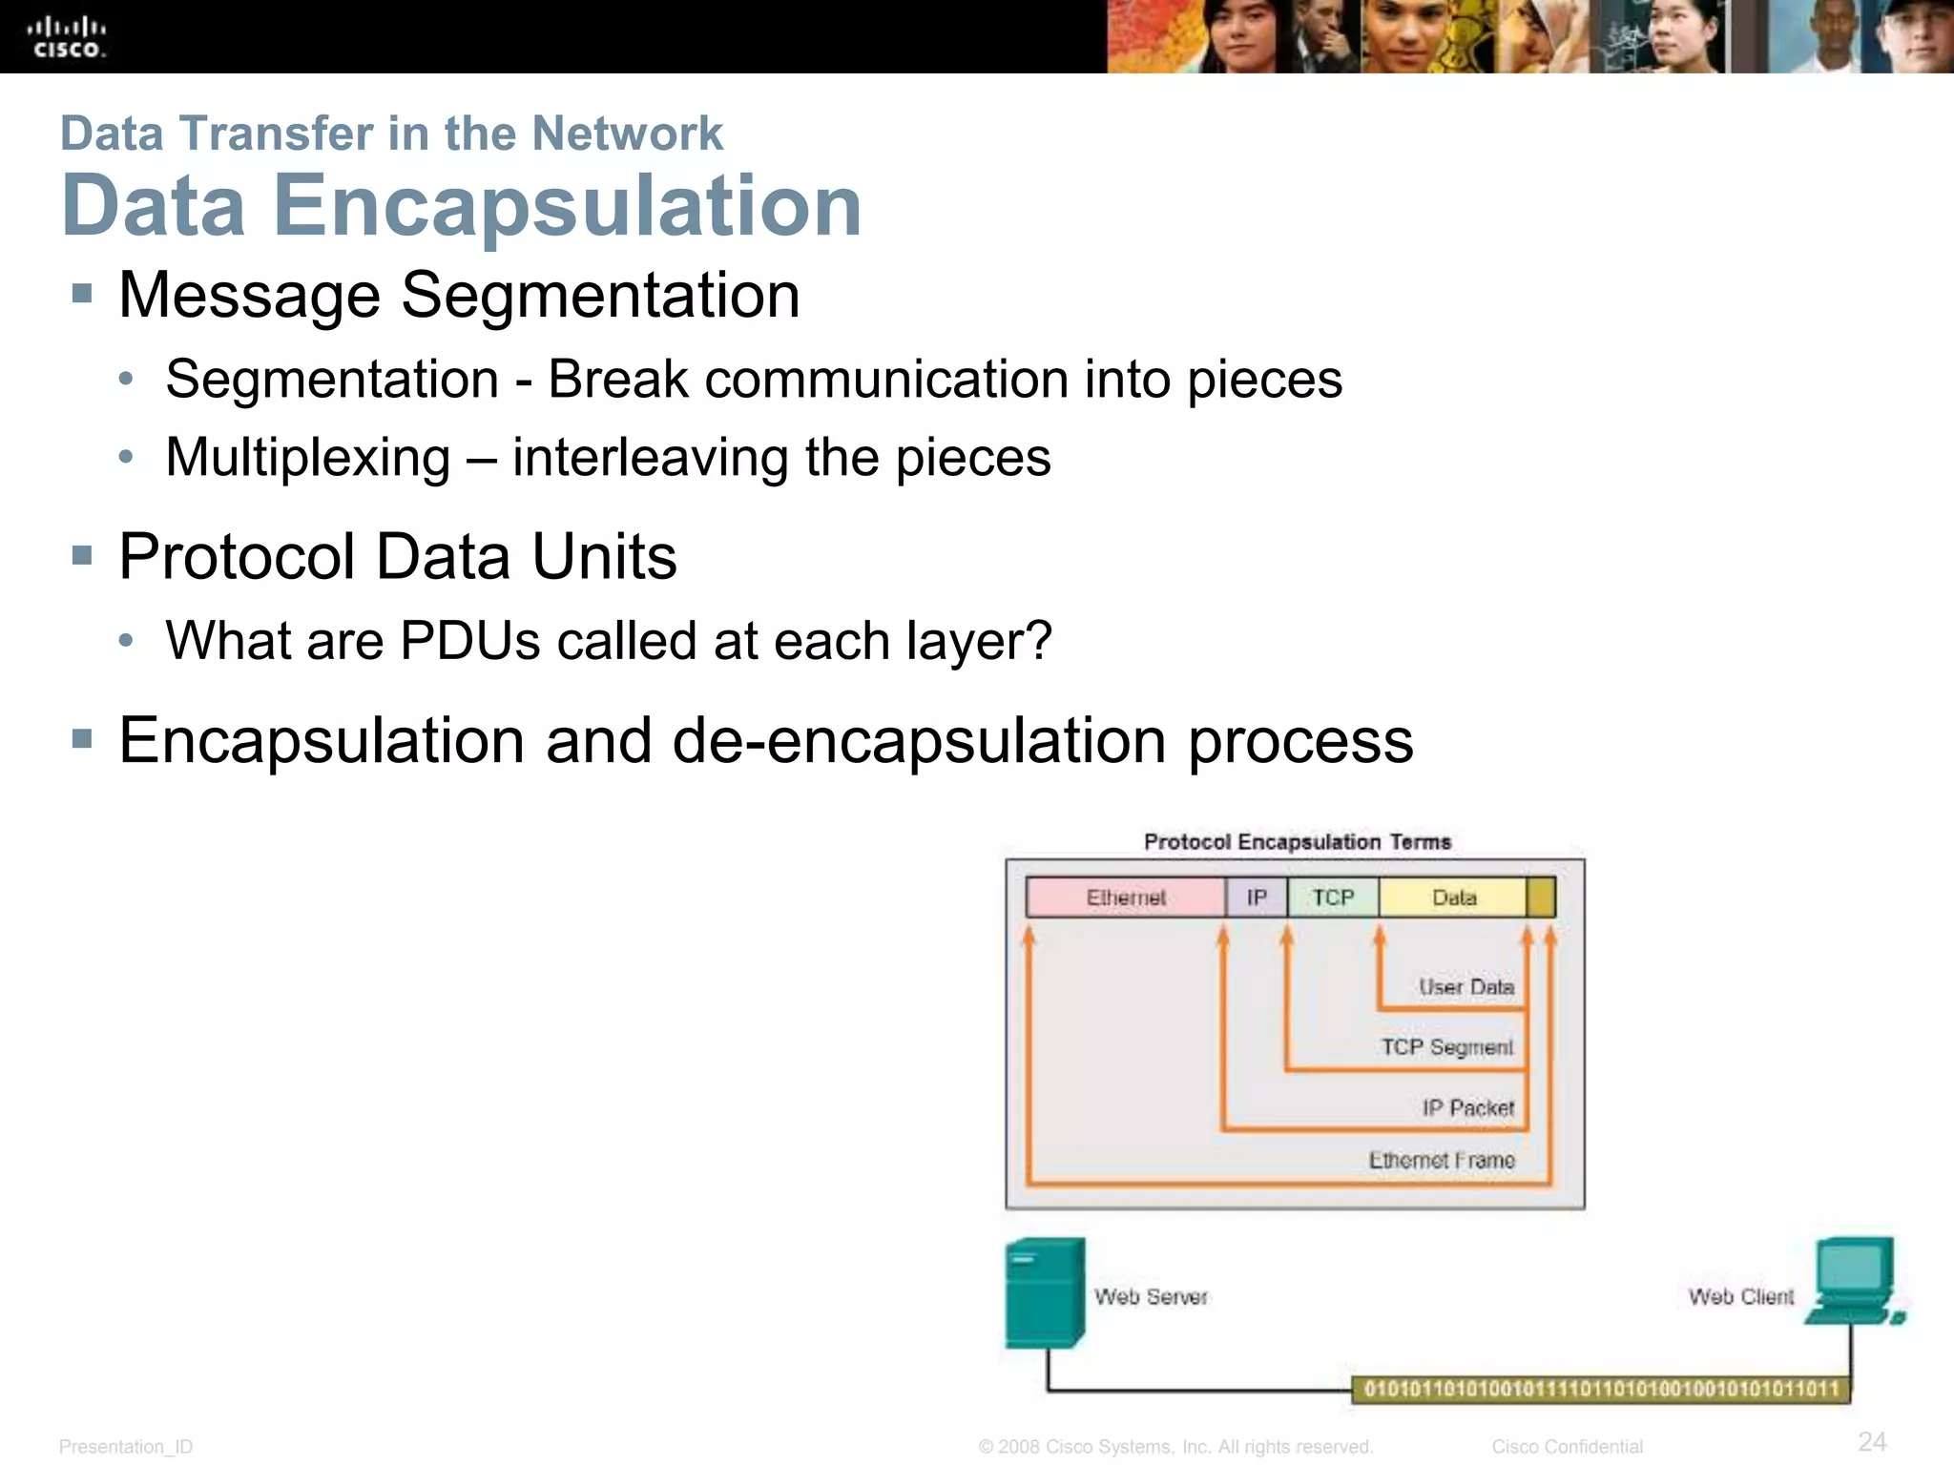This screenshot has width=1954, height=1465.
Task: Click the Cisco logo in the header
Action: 68,37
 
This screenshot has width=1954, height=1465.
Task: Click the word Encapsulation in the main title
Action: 568,206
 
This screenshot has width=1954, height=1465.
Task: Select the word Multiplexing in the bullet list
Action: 307,458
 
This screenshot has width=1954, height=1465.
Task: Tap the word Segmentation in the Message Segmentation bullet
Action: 600,296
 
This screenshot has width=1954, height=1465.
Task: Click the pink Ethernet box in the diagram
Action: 1126,898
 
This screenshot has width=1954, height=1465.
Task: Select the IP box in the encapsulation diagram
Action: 1257,898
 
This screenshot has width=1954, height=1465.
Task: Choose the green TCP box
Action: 1333,898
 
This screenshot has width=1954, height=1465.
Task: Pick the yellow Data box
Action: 1453,898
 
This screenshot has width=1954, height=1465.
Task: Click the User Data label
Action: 1466,987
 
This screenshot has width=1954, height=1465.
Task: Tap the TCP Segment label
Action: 1447,1047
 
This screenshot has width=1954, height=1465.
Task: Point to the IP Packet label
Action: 1468,1107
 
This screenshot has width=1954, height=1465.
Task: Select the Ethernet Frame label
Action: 1442,1161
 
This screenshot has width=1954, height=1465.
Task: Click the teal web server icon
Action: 1045,1293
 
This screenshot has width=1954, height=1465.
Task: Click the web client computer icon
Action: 1853,1281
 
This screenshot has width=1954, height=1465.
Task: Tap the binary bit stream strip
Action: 1601,1389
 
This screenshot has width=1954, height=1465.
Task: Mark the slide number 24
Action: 1872,1441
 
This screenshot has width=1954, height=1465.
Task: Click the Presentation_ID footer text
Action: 126,1447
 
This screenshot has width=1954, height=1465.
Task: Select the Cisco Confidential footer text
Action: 1567,1447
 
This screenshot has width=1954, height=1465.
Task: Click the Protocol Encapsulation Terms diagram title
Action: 1298,842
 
